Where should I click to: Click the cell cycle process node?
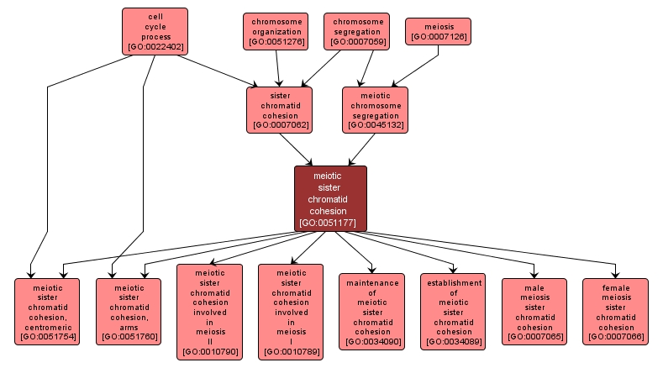tap(155, 31)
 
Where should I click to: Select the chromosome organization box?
tap(276, 31)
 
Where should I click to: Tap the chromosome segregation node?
tap(358, 31)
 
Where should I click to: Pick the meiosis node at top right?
tap(438, 31)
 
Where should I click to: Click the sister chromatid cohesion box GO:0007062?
tap(279, 109)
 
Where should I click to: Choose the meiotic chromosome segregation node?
tap(375, 109)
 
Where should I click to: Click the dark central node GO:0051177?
tap(330, 198)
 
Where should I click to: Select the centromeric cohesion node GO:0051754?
tap(47, 312)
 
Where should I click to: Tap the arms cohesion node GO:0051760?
tap(129, 312)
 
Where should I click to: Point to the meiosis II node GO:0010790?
tap(209, 312)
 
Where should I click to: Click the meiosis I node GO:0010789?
tap(291, 312)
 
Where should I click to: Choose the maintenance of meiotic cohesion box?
tap(372, 312)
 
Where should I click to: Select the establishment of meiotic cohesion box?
tap(453, 311)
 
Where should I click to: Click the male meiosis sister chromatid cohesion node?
tap(534, 312)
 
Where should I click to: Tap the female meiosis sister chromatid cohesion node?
tap(615, 312)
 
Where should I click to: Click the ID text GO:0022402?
tap(155, 47)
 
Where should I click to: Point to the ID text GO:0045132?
tap(375, 125)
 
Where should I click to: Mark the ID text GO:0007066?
tap(615, 337)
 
